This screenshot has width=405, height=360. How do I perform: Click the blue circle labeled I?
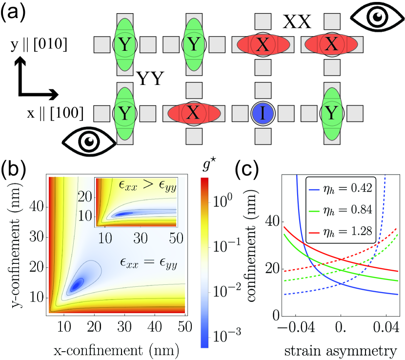pyautogui.click(x=263, y=114)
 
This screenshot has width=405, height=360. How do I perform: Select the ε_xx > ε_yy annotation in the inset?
pyautogui.click(x=150, y=186)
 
